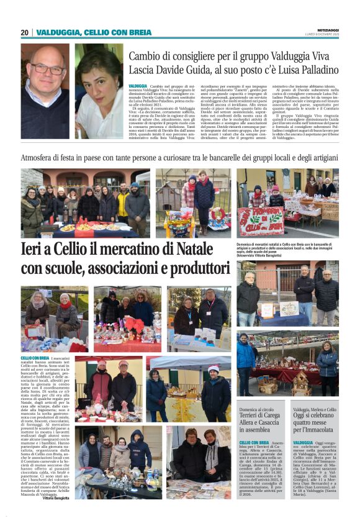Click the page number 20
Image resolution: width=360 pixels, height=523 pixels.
pyautogui.click(x=25, y=32)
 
